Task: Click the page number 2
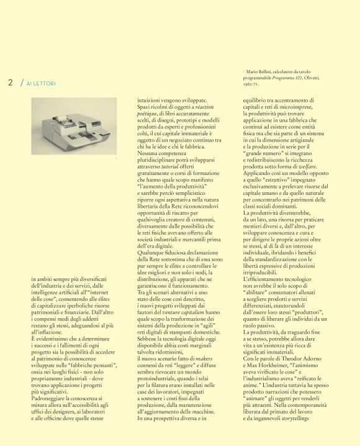[x=11, y=83]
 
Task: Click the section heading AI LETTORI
[x=41, y=83]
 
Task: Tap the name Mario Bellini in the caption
[x=258, y=73]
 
